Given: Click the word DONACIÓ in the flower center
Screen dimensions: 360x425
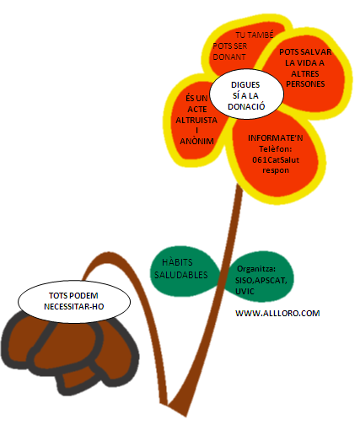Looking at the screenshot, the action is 246,107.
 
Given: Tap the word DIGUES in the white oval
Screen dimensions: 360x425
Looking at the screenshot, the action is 245,85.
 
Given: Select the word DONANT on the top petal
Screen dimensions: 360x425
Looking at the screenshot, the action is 229,57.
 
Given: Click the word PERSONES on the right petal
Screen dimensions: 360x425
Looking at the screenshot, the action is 305,84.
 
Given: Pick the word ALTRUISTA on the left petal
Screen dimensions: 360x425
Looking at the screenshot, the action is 196,121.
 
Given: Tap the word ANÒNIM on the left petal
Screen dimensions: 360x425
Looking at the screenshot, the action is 196,141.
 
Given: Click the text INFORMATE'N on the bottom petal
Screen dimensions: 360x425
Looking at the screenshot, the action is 276,138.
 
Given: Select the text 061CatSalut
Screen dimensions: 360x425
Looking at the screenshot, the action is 276,160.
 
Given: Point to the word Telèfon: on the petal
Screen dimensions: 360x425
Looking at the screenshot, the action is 276,148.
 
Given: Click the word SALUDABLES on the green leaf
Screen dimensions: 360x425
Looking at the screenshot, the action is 181,275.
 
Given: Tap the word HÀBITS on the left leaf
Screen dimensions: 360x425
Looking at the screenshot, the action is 177,262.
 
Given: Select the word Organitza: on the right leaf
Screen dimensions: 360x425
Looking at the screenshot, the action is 256,269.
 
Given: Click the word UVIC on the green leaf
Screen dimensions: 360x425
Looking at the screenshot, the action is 244,292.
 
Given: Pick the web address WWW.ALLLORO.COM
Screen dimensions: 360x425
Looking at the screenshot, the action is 277,313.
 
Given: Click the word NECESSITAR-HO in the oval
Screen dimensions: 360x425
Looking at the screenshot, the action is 74,306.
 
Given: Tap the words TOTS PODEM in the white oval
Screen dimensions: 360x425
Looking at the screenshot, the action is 73,296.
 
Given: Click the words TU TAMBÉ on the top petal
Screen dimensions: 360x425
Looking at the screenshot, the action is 255,35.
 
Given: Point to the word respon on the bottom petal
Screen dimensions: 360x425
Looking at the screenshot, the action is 276,170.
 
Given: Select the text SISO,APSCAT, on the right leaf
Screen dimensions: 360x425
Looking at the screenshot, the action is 261,281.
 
